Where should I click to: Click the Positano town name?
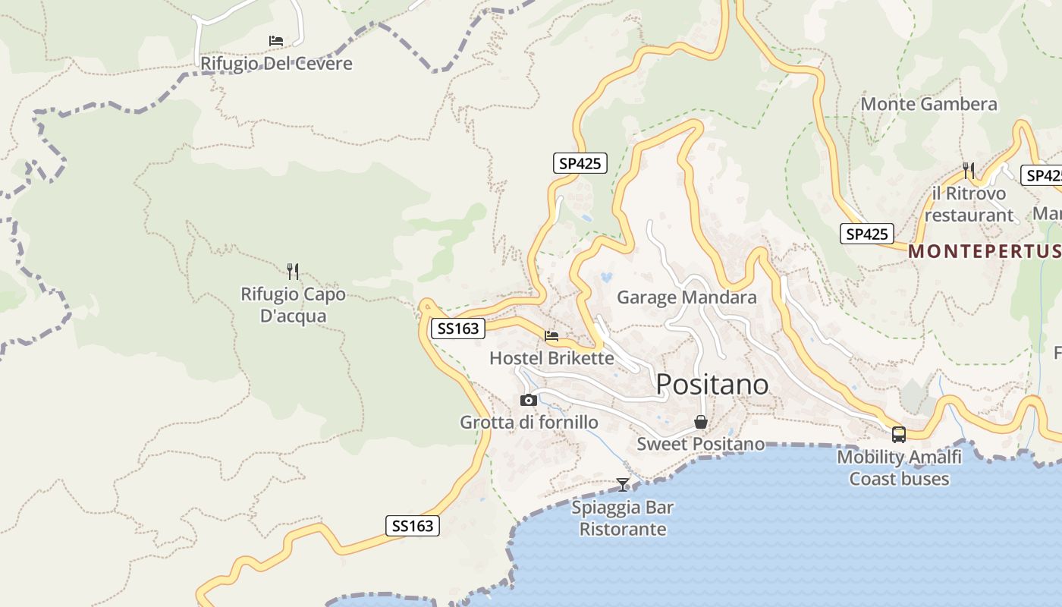pos(712,384)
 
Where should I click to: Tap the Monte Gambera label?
pos(928,104)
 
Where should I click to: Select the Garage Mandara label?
pos(687,297)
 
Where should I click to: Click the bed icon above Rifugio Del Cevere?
pos(276,40)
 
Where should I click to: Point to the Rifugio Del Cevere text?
pos(276,63)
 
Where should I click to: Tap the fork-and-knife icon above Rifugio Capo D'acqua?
pos(293,271)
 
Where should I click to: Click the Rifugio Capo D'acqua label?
pos(293,304)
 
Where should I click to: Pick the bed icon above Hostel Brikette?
pos(551,335)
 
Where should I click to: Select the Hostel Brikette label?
pos(551,357)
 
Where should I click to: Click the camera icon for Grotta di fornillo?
pos(529,400)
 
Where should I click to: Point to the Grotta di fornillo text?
pos(529,422)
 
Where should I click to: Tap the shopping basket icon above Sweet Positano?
pos(701,422)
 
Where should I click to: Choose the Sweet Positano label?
pos(701,443)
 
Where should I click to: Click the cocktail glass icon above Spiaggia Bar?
pos(623,484)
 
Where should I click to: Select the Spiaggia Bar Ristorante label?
pos(623,517)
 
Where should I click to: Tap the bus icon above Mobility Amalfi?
pos(899,435)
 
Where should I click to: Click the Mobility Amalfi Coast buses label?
pos(899,467)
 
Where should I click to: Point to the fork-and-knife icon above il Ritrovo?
pos(969,170)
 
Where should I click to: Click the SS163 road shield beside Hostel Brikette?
pos(458,329)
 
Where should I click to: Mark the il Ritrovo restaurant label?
pos(969,204)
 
